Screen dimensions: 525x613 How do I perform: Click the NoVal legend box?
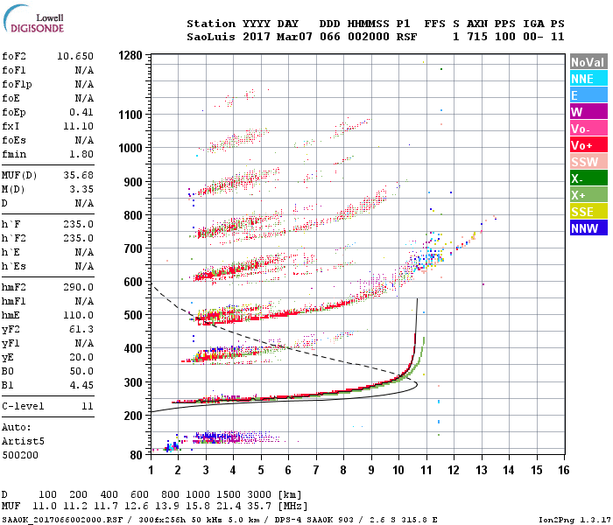pyautogui.click(x=588, y=62)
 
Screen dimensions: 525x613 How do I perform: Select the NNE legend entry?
pyautogui.click(x=588, y=79)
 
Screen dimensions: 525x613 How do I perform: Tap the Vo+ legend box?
pyautogui.click(x=588, y=145)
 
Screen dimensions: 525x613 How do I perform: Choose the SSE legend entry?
pyautogui.click(x=588, y=212)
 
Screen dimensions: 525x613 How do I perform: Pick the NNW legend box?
pyautogui.click(x=588, y=228)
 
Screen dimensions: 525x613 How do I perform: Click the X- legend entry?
pyautogui.click(x=588, y=178)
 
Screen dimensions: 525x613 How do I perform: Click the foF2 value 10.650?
pyautogui.click(x=75, y=57)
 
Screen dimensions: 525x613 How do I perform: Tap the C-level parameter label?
pyautogui.click(x=21, y=407)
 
